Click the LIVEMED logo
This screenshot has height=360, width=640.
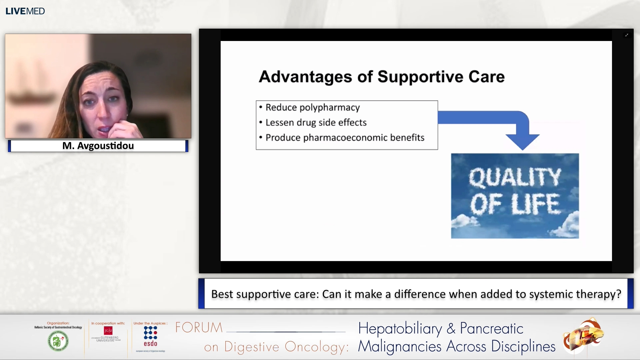coord(25,11)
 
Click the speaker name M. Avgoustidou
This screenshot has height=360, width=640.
coord(98,146)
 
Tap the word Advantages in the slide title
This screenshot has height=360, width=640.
coord(305,77)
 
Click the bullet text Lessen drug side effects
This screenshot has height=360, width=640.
coord(316,122)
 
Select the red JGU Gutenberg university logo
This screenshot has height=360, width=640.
coord(108,331)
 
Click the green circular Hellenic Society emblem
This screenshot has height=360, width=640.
coord(58,341)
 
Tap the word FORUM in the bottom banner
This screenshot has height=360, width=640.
coord(199,328)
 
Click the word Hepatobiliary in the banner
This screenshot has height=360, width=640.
coord(400,329)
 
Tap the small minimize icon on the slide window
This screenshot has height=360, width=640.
coord(627,35)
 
